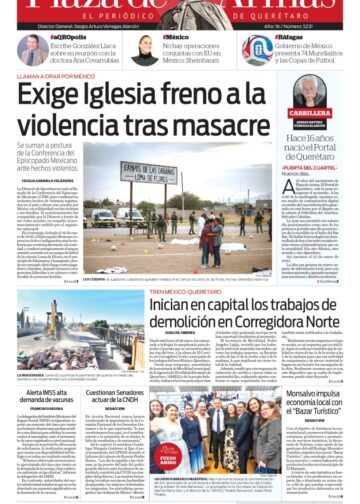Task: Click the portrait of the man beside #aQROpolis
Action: [29, 50]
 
